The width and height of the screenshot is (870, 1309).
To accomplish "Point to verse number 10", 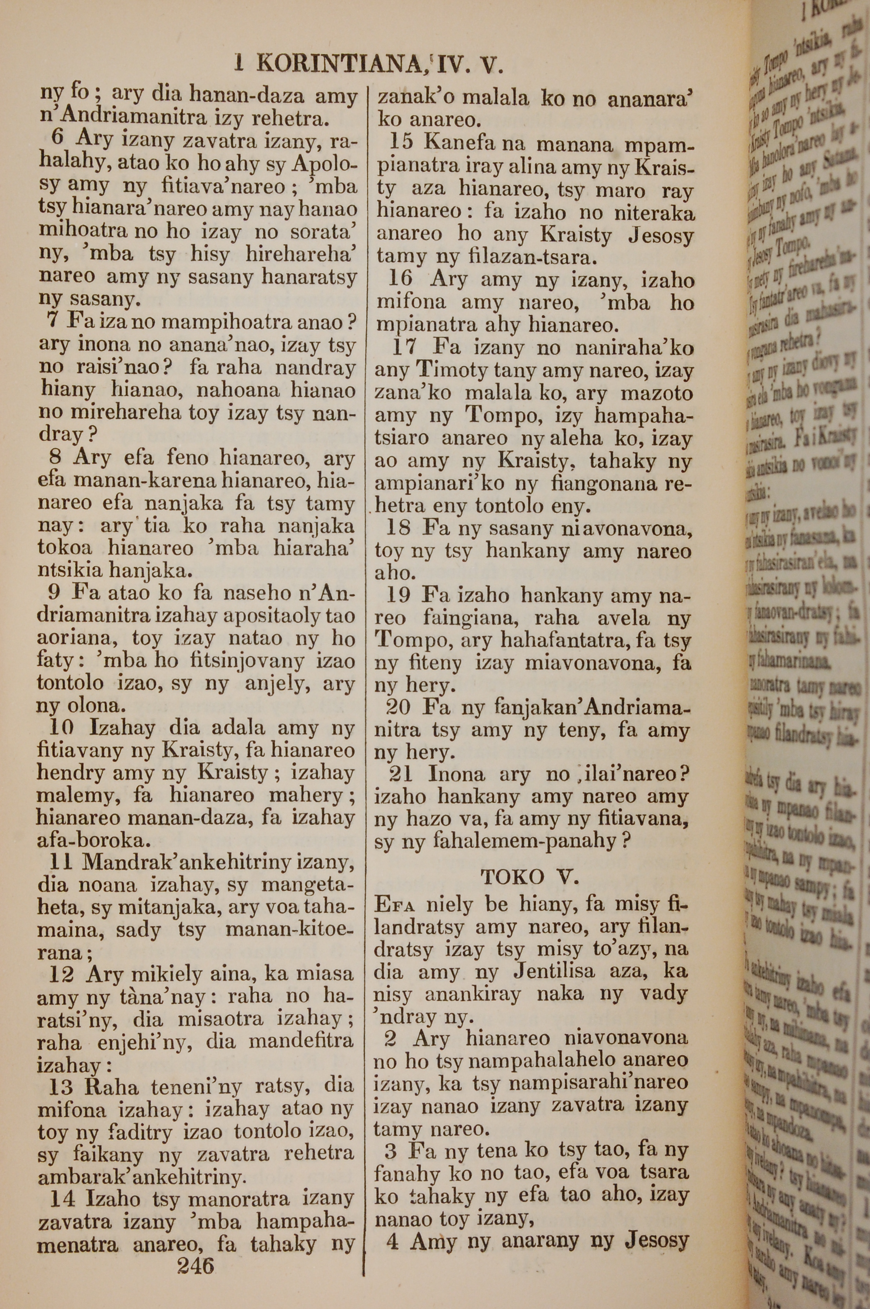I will (62, 728).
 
